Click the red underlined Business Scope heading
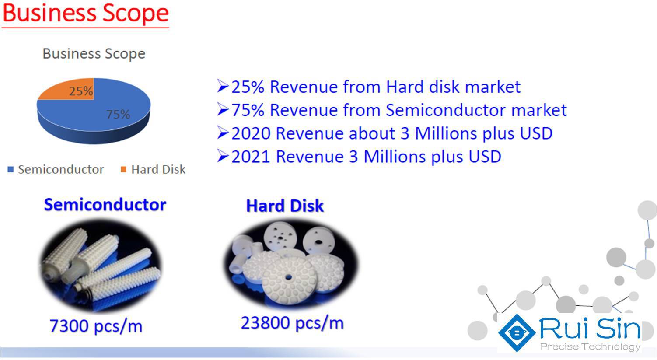click(85, 14)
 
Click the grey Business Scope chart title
click(94, 54)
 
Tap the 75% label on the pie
click(118, 115)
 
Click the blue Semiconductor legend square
click(10, 169)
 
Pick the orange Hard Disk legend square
click(123, 169)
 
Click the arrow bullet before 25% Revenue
click(223, 86)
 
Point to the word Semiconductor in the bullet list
click(445, 110)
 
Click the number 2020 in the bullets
click(251, 133)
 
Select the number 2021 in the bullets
click(251, 157)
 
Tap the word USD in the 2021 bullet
click(485, 157)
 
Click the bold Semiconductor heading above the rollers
click(105, 205)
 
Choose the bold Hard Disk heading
click(285, 206)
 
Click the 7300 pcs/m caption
click(96, 326)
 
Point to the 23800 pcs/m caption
click(292, 323)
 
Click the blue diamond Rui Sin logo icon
click(517, 333)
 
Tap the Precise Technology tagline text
click(590, 346)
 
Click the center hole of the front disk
click(288, 277)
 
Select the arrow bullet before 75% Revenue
click(223, 109)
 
